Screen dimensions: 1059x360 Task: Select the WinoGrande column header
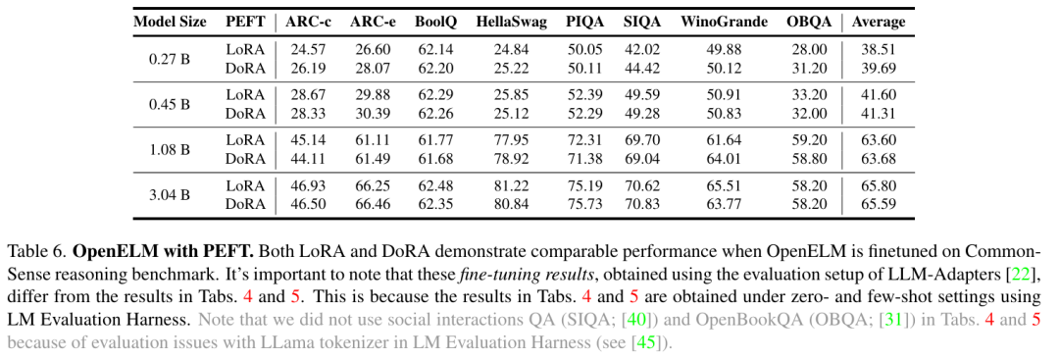tap(724, 22)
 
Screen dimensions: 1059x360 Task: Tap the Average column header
tap(878, 22)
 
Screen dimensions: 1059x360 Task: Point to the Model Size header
tap(171, 22)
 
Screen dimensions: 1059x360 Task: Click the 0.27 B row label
tap(170, 59)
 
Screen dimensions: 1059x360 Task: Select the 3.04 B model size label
tap(170, 195)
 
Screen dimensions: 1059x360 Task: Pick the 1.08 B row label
tap(170, 149)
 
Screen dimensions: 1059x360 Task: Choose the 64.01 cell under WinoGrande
tap(724, 159)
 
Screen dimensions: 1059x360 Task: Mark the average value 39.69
tap(878, 69)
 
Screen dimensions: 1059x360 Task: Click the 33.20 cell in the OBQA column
tap(809, 94)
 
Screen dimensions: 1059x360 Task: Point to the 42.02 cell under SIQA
tap(641, 49)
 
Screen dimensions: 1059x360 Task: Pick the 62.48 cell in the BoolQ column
tap(435, 185)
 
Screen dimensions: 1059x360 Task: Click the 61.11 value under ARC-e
tap(373, 140)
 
